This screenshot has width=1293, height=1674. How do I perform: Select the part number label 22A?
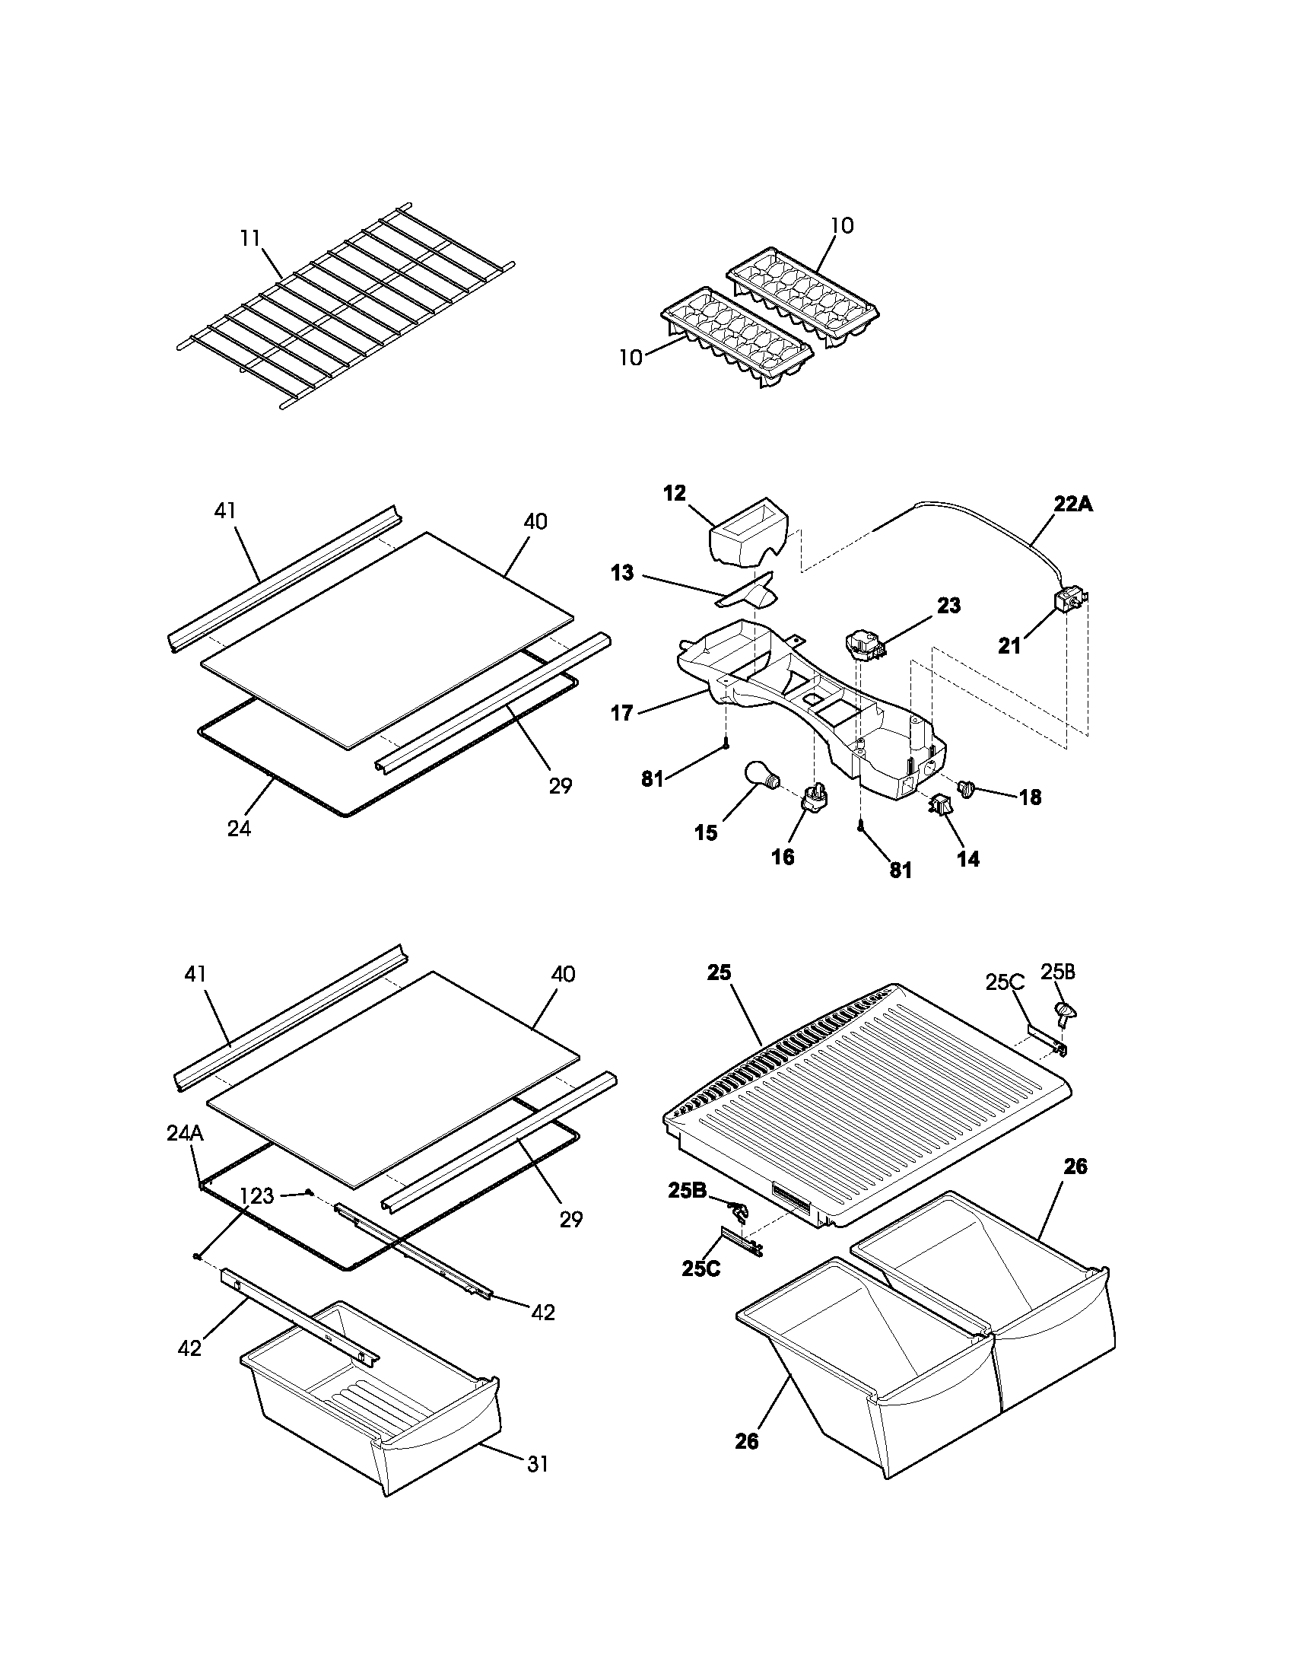click(x=1072, y=504)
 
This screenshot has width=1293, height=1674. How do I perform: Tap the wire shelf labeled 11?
click(x=345, y=307)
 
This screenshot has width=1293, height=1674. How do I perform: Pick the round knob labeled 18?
click(x=967, y=787)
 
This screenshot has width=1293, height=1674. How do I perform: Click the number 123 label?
click(x=256, y=1195)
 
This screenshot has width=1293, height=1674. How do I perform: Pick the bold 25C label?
click(x=701, y=1268)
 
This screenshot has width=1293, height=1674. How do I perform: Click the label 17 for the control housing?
click(x=621, y=713)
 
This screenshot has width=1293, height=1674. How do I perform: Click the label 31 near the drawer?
click(x=538, y=1464)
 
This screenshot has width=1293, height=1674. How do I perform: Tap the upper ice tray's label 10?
click(x=841, y=225)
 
